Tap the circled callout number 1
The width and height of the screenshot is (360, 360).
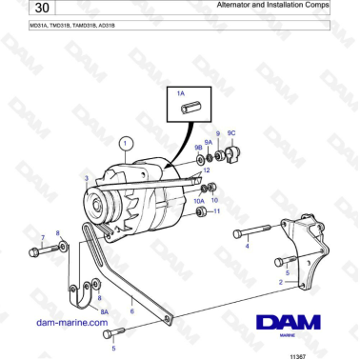tap(123, 144)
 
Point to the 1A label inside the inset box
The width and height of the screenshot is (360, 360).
tap(181, 93)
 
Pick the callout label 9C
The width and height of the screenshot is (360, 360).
tap(231, 133)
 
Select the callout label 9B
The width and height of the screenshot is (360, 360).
tap(198, 148)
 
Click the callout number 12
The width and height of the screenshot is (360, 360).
tap(206, 170)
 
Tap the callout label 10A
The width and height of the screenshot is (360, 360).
tap(199, 201)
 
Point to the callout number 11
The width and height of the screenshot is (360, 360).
tap(217, 211)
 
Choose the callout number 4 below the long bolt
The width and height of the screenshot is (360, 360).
tap(247, 246)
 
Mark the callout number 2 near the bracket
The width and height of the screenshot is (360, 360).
tap(280, 282)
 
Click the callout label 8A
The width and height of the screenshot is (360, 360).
tap(105, 310)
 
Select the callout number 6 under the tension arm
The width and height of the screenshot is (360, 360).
tap(131, 310)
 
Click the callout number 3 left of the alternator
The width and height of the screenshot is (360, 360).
tap(86, 178)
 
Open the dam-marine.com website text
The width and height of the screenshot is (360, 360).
tap(70, 323)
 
